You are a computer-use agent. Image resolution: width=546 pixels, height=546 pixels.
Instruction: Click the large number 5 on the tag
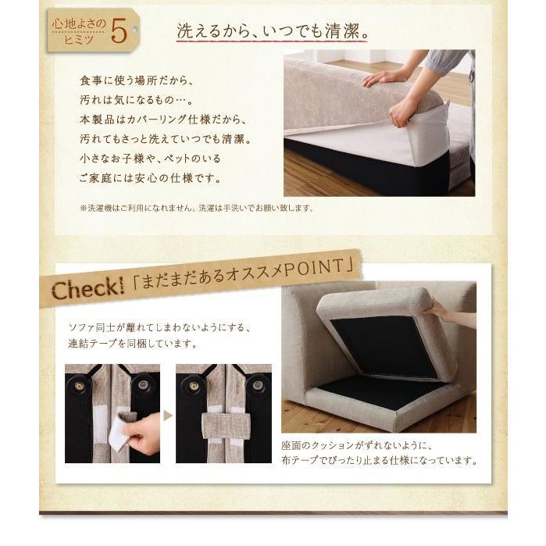[119, 32]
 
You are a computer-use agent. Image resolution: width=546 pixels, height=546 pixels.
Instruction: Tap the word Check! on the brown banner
[87, 288]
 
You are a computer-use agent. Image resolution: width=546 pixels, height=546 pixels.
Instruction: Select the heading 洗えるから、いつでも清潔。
[273, 31]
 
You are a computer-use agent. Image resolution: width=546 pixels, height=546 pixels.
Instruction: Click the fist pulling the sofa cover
[400, 115]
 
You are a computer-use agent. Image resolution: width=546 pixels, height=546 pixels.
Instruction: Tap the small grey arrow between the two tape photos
[168, 416]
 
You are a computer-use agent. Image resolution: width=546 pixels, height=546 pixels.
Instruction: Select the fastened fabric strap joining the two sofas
[227, 426]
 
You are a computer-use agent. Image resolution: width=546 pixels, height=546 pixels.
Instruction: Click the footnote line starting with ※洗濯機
[197, 209]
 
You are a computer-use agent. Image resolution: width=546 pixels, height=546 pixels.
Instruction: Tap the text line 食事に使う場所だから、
[137, 80]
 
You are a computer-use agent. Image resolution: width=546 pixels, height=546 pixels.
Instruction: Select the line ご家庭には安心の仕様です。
[151, 178]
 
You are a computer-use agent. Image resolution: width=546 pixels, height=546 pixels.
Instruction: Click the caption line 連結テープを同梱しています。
[133, 344]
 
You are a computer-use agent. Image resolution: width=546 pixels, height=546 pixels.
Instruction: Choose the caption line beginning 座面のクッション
[357, 446]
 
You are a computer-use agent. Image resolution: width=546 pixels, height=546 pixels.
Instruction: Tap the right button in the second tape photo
[257, 385]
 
